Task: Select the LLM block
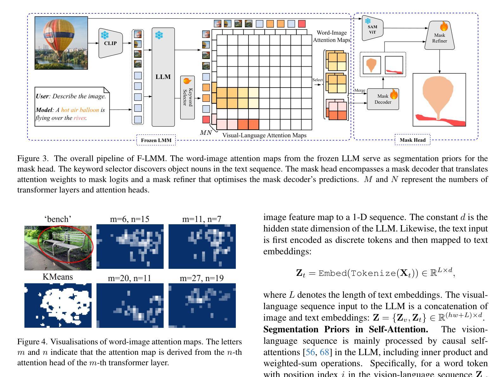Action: click(x=163, y=77)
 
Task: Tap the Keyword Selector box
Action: click(x=187, y=98)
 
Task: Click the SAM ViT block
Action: click(x=372, y=29)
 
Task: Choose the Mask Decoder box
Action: click(x=383, y=99)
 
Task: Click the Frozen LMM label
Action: click(x=156, y=140)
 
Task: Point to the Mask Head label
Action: click(x=412, y=140)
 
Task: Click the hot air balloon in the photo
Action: click(x=60, y=35)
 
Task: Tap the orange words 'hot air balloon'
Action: click(x=80, y=110)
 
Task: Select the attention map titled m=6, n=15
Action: click(x=130, y=246)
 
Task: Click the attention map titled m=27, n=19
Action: click(x=202, y=305)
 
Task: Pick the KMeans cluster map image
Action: click(x=58, y=305)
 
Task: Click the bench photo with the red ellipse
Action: click(x=58, y=247)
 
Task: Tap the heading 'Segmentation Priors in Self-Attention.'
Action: click(x=346, y=329)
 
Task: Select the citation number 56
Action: click(x=307, y=352)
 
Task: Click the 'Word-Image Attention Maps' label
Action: click(x=332, y=36)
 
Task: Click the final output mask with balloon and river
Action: click(x=439, y=100)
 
